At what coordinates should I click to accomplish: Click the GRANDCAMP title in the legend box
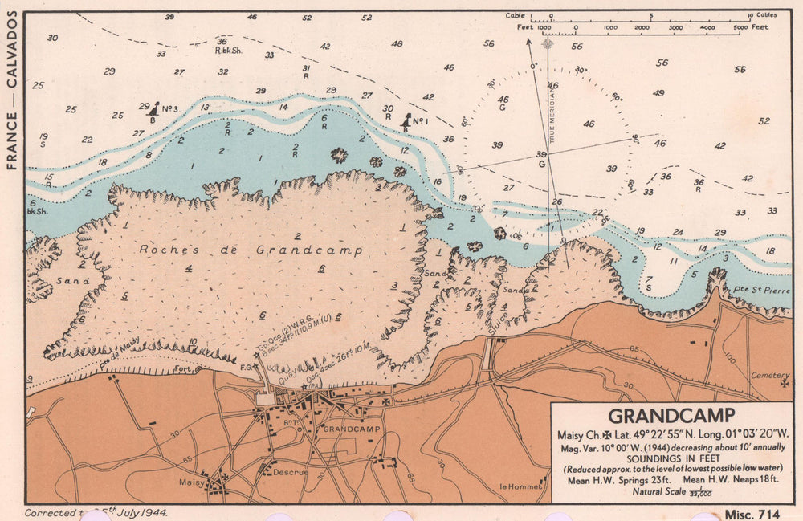(x=671, y=416)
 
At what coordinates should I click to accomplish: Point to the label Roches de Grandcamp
(x=251, y=250)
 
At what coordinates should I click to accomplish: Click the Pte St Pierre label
(x=773, y=290)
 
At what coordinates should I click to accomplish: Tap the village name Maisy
(x=192, y=482)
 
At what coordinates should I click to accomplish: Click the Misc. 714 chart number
(x=751, y=514)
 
